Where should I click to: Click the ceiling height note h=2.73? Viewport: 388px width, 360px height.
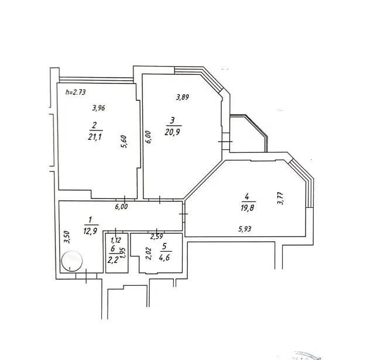click(x=75, y=92)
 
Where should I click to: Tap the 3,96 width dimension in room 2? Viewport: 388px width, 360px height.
click(x=99, y=108)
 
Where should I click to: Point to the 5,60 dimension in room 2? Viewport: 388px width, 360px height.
click(x=123, y=142)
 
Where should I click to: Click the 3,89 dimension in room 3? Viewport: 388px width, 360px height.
click(x=183, y=97)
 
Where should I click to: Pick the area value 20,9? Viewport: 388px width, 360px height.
click(x=172, y=132)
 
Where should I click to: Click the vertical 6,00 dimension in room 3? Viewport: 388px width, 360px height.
click(x=148, y=137)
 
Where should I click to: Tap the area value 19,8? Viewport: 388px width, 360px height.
click(x=247, y=207)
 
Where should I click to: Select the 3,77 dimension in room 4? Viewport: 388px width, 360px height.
click(x=281, y=198)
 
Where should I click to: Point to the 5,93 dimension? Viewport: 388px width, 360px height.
click(x=245, y=229)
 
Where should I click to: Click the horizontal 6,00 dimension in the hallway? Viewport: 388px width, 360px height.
click(x=121, y=206)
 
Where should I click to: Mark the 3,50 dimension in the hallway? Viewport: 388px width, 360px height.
click(x=67, y=237)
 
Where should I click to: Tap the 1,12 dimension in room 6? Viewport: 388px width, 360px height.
click(x=115, y=239)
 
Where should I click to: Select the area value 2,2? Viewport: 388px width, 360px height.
click(x=112, y=260)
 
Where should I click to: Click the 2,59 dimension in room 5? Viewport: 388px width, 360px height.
click(x=157, y=236)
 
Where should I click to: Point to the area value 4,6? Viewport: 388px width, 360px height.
click(x=164, y=258)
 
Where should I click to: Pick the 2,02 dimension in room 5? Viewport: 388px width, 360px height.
click(x=149, y=254)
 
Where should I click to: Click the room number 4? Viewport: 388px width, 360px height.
click(x=247, y=197)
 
